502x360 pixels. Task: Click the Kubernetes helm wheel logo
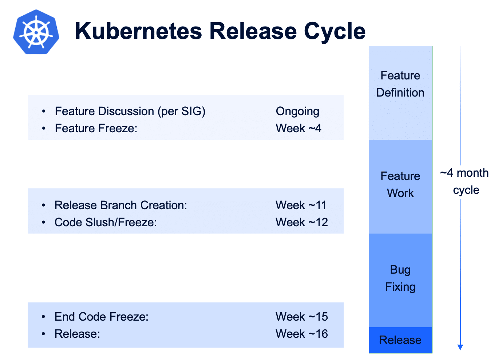point(36,32)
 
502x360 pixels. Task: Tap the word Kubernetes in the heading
point(138,31)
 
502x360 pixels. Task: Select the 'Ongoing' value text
point(297,111)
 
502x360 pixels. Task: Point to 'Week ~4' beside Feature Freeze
point(298,128)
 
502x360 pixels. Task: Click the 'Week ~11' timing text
point(301,205)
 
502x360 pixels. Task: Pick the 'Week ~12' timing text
point(301,222)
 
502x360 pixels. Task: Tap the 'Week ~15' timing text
point(301,317)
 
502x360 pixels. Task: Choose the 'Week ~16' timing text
point(301,334)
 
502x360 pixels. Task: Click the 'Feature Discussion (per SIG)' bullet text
point(130,111)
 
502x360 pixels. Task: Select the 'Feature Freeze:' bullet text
point(96,128)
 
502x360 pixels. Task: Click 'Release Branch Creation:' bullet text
point(120,205)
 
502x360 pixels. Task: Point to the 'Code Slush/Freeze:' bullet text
point(106,222)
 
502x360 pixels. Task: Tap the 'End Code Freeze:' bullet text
point(101,317)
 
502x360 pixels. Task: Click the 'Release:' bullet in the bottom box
point(77,334)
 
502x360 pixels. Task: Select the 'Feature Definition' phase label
point(400,84)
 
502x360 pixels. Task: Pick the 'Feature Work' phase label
point(400,185)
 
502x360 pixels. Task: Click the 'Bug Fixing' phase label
point(400,278)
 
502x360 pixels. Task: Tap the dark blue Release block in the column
point(400,340)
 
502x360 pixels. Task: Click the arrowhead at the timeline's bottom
point(460,347)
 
